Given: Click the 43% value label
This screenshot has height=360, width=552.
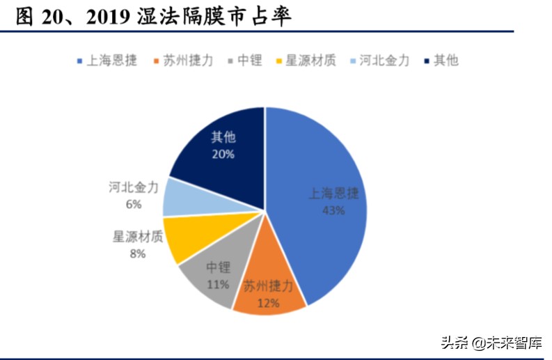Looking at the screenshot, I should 333,209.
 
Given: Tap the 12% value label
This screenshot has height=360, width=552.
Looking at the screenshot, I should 269,303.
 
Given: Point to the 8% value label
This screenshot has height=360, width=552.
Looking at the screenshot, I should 137,253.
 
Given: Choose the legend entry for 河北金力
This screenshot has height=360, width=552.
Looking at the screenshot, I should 383,60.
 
